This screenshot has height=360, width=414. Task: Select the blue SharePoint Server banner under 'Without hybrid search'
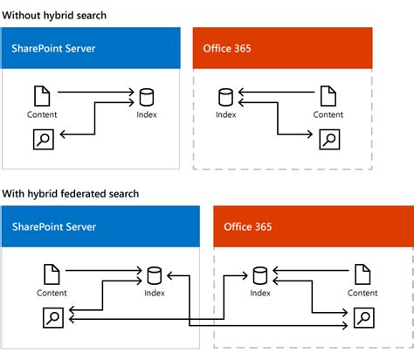91,48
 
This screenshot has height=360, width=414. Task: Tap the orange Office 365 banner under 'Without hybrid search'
283,48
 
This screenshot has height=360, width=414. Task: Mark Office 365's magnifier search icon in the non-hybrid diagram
328,138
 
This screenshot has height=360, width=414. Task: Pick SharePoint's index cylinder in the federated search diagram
155,275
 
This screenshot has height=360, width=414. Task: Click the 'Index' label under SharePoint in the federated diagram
155,294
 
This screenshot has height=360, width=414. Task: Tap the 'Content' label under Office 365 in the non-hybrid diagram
328,114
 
